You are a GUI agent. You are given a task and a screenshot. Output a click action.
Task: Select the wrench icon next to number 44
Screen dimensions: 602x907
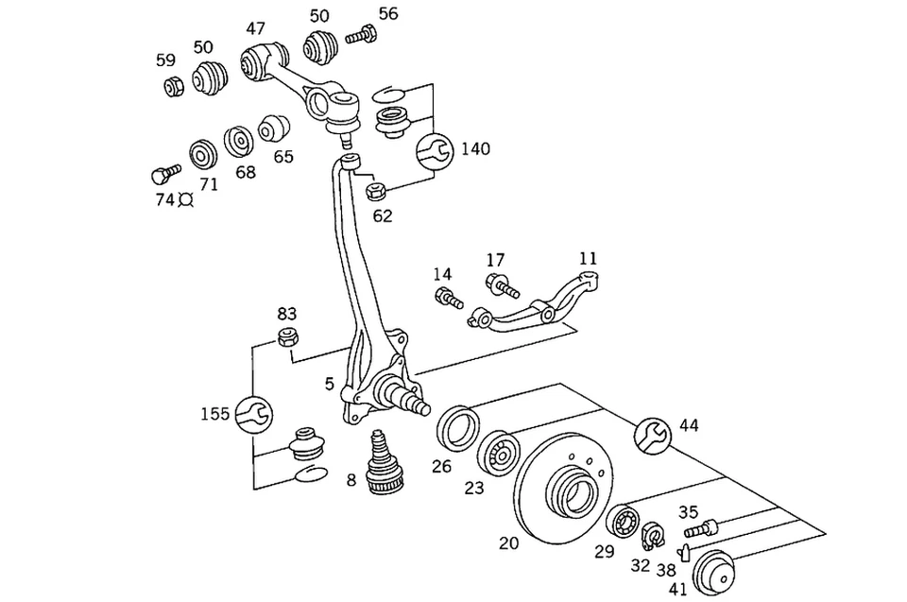[x=653, y=432]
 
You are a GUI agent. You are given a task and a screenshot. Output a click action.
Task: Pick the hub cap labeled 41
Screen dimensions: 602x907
[x=714, y=571]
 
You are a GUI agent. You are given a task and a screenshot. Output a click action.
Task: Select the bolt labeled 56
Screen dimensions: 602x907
[x=361, y=36]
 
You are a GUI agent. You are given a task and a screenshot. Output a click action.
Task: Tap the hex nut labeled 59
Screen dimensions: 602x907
[x=173, y=88]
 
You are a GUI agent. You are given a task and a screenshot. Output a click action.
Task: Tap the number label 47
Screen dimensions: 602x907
[x=255, y=27]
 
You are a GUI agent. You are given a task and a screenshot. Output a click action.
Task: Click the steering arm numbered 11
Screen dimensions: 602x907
[x=548, y=303]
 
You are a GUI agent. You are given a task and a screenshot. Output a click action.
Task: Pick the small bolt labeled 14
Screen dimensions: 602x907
[x=446, y=300]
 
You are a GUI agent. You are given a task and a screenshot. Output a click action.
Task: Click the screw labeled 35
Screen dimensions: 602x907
[x=700, y=527]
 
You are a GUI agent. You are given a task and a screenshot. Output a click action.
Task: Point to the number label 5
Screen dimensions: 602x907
[x=329, y=384]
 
